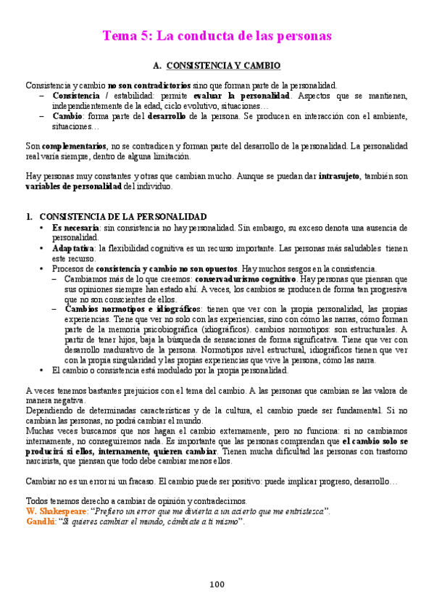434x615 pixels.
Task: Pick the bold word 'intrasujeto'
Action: pos(345,176)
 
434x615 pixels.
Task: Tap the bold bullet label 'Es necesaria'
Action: pos(75,228)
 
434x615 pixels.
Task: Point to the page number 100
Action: pos(217,584)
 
